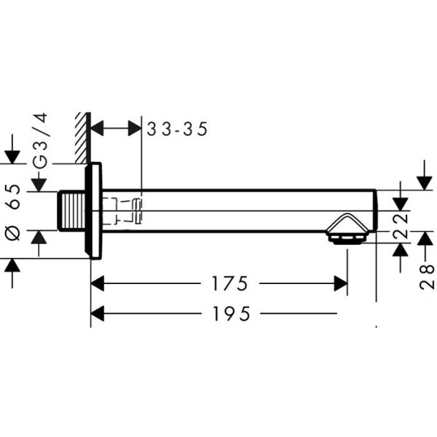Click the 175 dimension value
coord(229,283)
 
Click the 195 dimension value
coord(231,313)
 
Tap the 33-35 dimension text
coord(177,129)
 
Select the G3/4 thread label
coord(40,141)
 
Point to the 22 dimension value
coord(401,226)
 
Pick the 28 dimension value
coord(427,277)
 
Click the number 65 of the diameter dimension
coord(13,196)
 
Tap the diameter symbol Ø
coord(13,233)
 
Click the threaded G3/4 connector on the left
coord(71,211)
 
